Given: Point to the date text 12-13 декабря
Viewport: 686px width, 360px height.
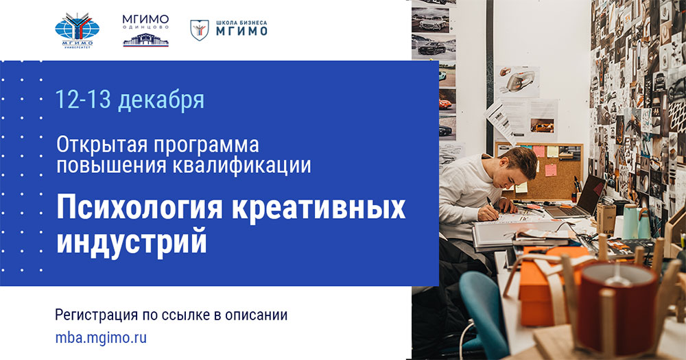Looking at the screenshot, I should pyautogui.click(x=130, y=100).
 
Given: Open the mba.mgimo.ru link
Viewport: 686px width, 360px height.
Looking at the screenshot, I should pyautogui.click(x=101, y=337).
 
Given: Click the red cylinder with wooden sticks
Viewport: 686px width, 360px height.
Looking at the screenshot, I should pyautogui.click(x=617, y=302).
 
